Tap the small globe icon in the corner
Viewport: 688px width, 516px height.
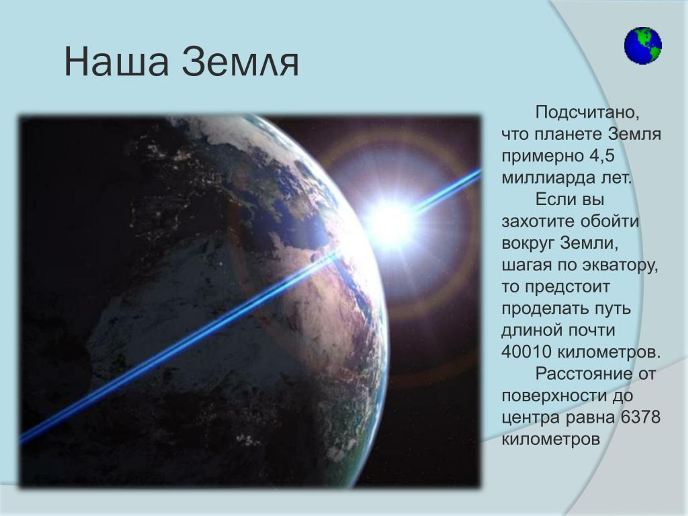pos(643,46)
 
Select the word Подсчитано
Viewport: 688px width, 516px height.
pos(587,112)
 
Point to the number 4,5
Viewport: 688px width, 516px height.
pos(601,156)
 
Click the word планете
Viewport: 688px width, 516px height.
pos(569,134)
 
